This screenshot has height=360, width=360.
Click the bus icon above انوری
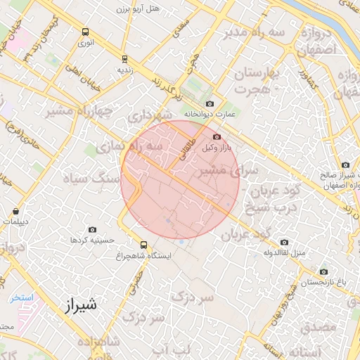(85, 32)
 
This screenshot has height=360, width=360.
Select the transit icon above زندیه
(124, 59)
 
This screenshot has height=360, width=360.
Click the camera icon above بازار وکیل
(217, 136)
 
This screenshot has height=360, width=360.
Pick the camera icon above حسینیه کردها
(92, 229)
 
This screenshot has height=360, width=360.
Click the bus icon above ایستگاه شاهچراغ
(144, 245)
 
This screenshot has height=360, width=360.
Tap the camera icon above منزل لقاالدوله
(284, 242)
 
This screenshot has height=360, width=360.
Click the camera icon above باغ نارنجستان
(323, 271)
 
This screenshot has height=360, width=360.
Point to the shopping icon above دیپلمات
(15, 211)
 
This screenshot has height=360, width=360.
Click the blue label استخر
(21, 298)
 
